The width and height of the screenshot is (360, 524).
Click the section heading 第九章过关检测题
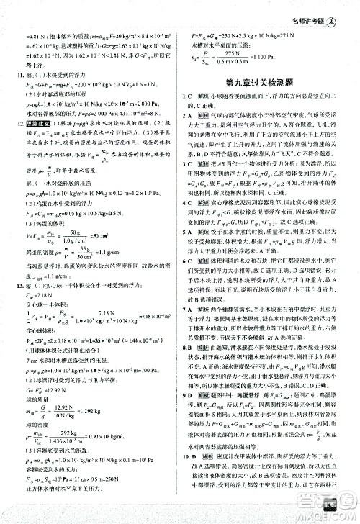coord(268,83)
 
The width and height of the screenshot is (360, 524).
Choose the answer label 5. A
coord(192,252)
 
